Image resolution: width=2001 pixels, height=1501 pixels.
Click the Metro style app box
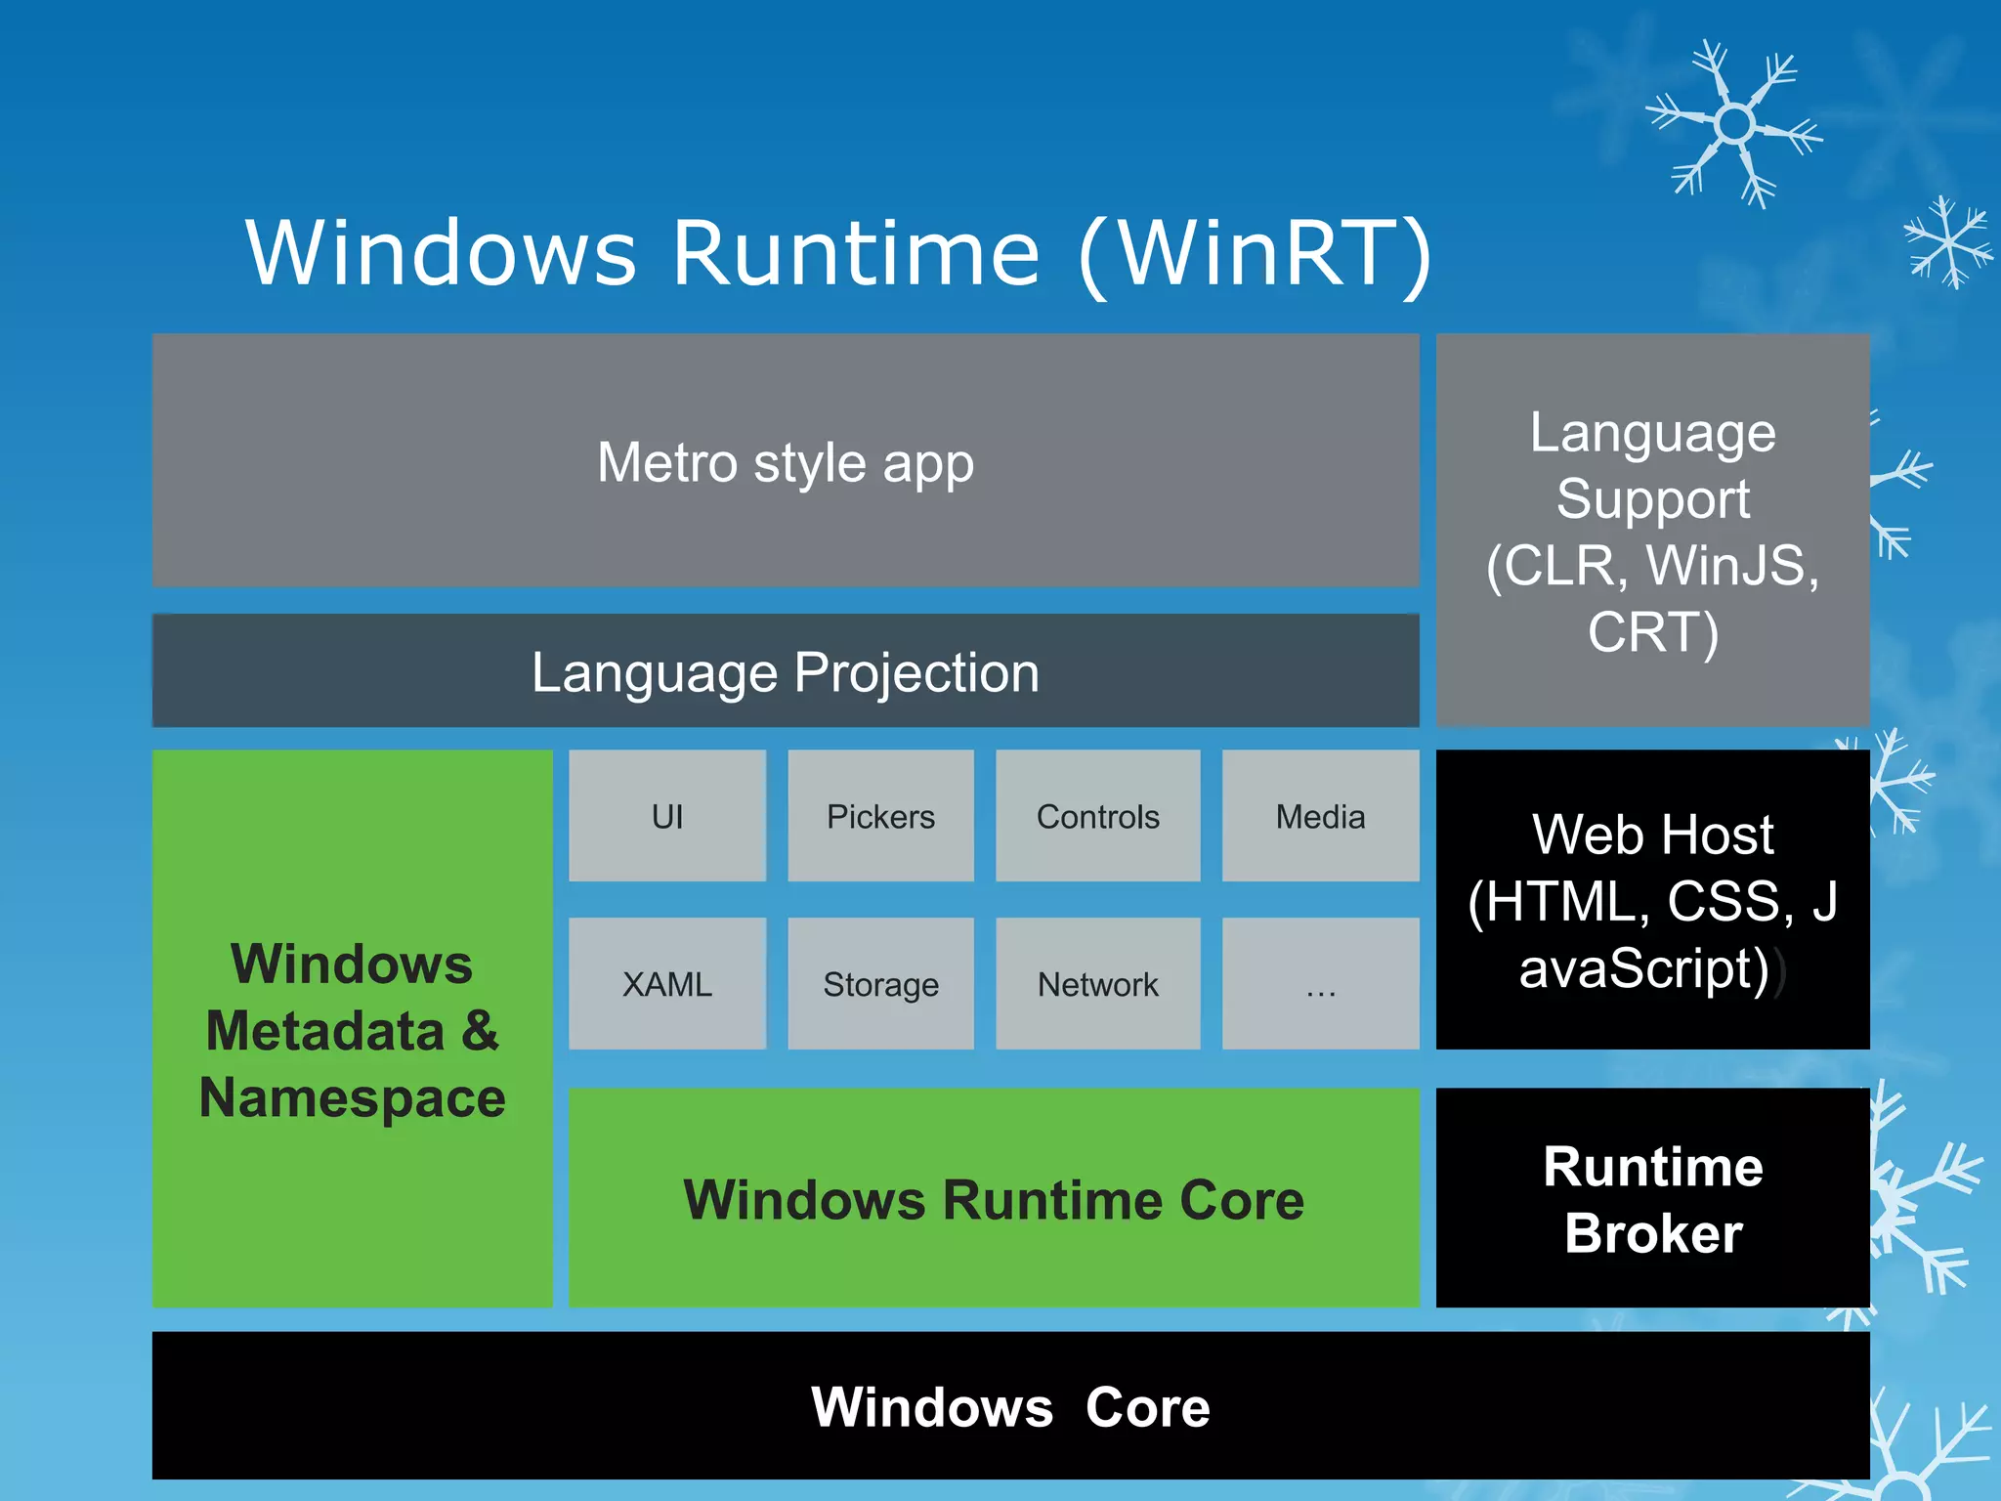(x=785, y=460)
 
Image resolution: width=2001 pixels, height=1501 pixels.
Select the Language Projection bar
(x=785, y=671)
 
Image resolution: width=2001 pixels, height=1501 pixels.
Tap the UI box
(x=666, y=816)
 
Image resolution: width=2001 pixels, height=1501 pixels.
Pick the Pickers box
(x=880, y=816)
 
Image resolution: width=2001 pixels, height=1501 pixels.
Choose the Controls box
(x=1097, y=816)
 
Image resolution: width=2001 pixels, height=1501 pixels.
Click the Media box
(x=1320, y=816)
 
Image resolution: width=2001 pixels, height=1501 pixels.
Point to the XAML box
(x=666, y=983)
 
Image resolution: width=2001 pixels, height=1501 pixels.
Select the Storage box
(x=880, y=983)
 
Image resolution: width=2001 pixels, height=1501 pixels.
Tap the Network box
(x=1097, y=983)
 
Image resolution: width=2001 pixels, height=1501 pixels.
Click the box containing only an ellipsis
(x=1320, y=983)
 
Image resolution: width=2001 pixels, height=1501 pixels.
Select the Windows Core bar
(x=1010, y=1406)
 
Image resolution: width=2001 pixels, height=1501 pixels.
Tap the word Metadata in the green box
(x=325, y=1031)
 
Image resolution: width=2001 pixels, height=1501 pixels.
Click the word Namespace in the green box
(x=352, y=1097)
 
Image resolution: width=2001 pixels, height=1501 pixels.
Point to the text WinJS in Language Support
(x=1730, y=565)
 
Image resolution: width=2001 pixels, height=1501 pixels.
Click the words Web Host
(x=1652, y=835)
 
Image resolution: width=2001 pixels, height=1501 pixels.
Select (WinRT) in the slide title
(x=1256, y=253)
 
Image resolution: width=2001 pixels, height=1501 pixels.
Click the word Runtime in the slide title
(x=856, y=253)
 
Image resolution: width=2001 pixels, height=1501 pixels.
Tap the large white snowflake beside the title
(x=1734, y=124)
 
